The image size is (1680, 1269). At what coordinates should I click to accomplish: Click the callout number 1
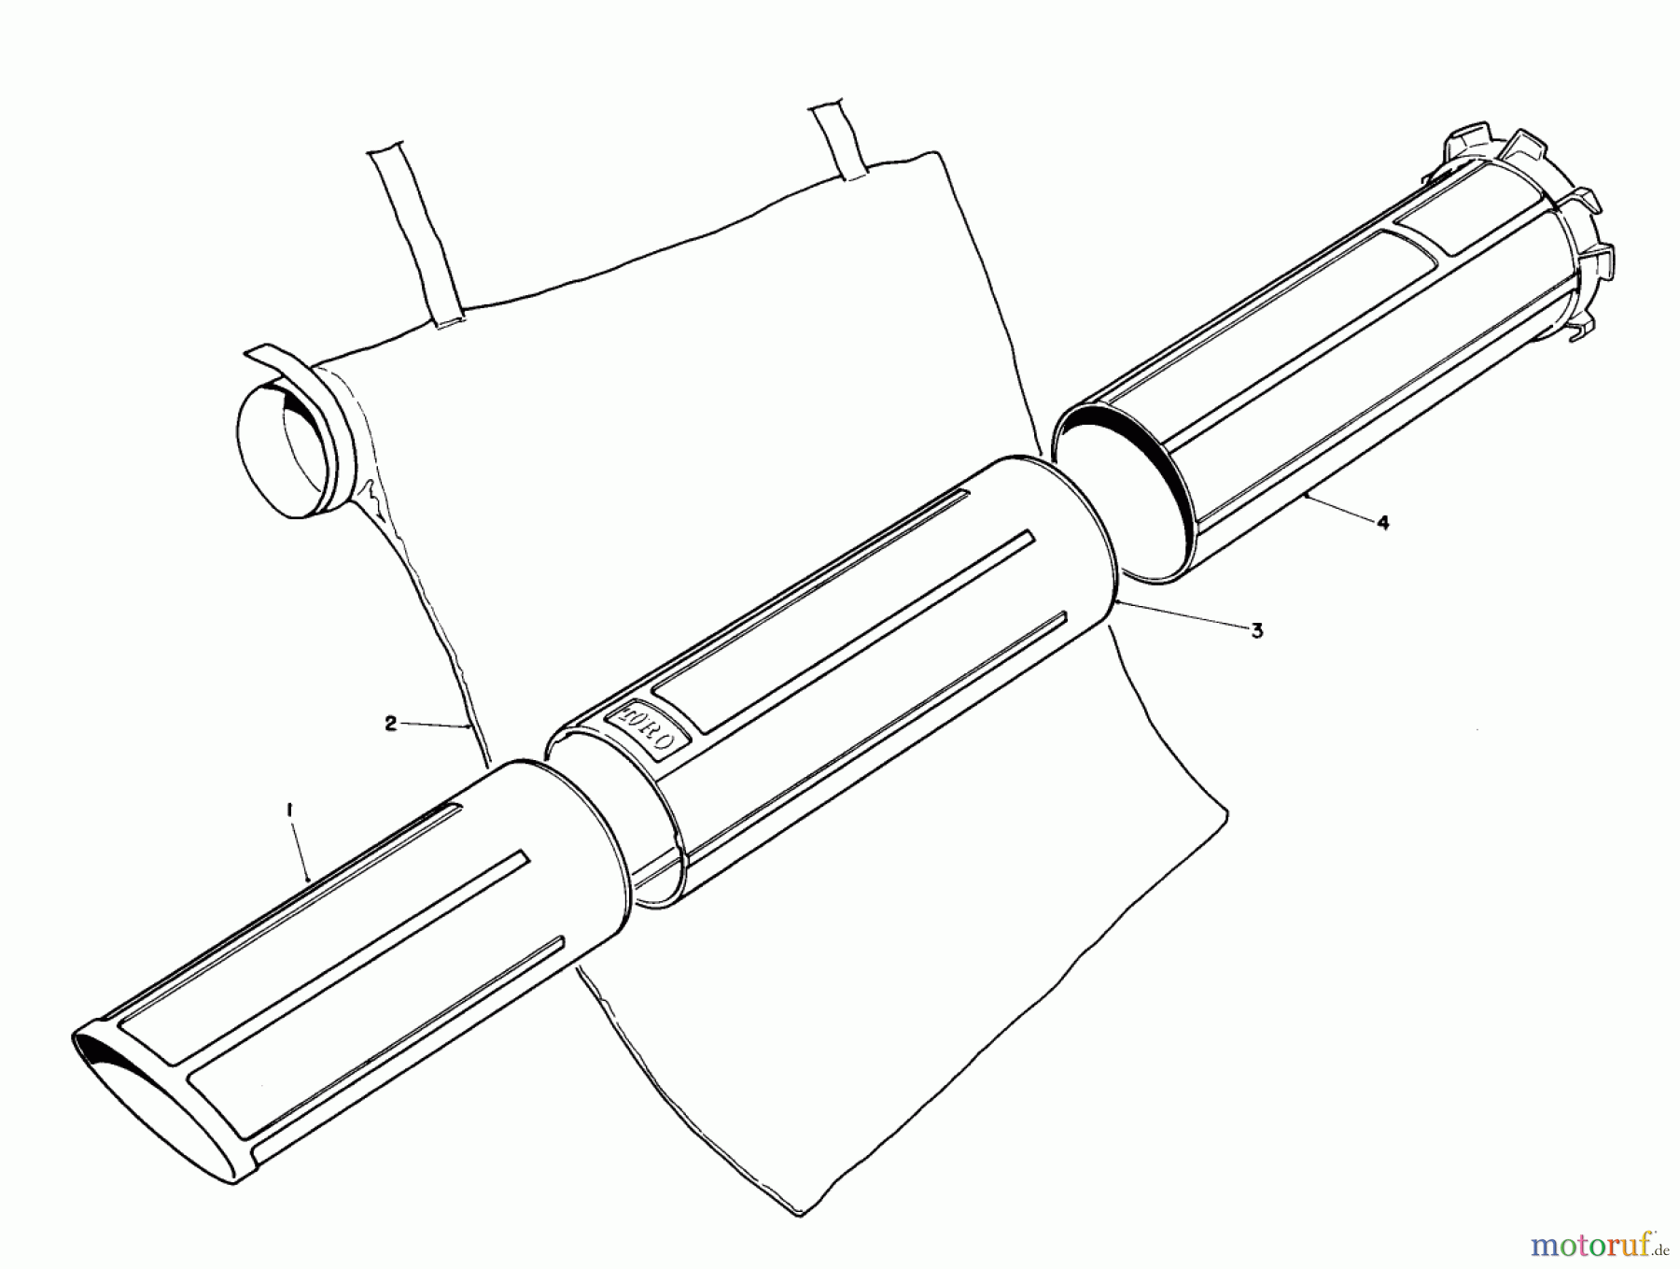290,814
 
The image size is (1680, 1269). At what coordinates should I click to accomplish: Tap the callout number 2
390,723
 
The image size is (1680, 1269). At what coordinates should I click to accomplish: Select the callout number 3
1257,630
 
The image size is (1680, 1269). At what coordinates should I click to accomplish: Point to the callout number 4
1383,523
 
